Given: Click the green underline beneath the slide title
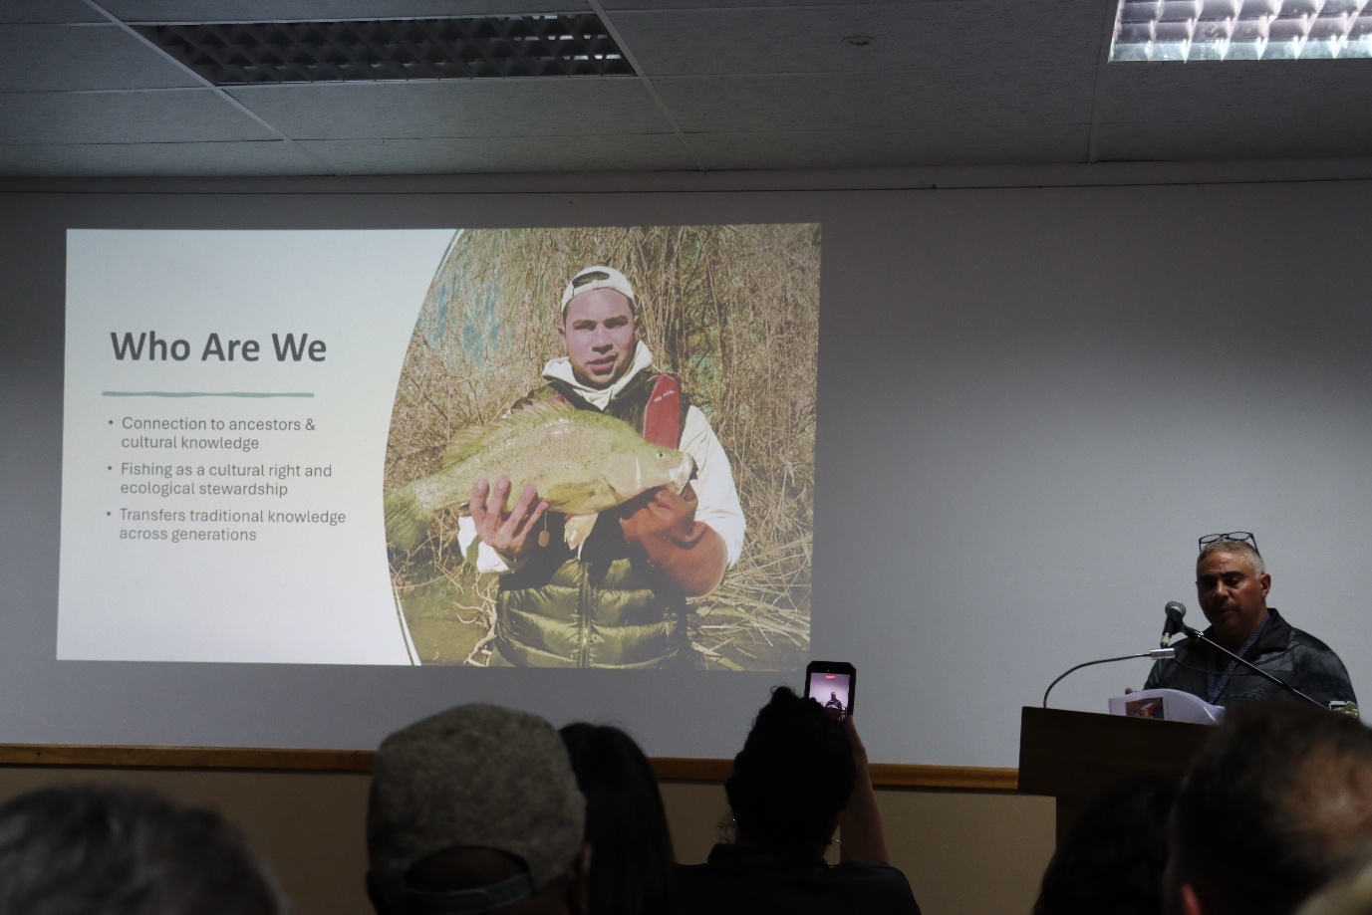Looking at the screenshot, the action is (208, 394).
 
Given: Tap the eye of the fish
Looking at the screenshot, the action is (660, 455).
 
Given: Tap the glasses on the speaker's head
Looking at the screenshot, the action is (1228, 540).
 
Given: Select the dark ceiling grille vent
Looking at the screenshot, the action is (384, 49).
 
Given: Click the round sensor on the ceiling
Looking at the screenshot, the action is (858, 41).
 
